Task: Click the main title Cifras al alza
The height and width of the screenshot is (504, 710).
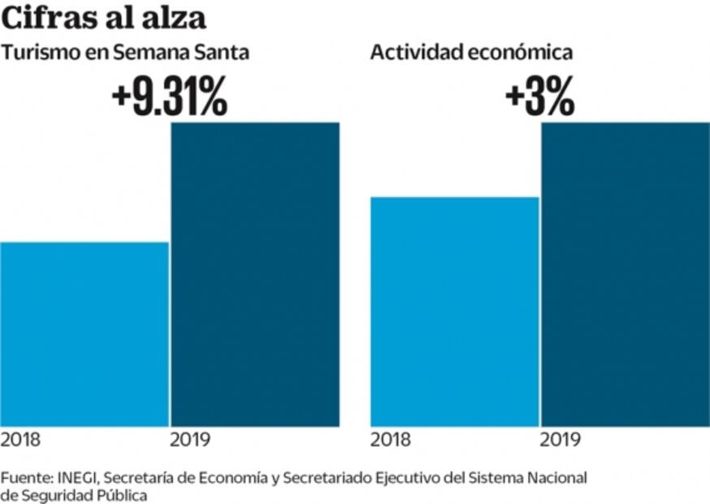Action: (x=103, y=18)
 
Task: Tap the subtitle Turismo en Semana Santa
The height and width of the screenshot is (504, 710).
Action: (x=124, y=53)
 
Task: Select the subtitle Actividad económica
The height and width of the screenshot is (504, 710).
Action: (x=471, y=53)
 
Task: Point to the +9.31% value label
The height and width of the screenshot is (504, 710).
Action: (x=169, y=98)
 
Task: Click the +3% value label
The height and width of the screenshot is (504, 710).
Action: (x=539, y=98)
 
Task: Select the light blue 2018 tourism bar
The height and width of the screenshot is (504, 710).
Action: (x=84, y=334)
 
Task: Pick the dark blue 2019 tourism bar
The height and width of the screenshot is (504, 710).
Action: (x=255, y=274)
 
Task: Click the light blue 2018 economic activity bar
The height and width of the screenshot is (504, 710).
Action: (x=454, y=311)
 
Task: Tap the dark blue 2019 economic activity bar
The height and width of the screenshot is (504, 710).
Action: (x=626, y=274)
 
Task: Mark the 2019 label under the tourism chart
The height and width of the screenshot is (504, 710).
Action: (x=191, y=441)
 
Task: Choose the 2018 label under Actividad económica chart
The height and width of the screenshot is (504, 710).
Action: (x=391, y=441)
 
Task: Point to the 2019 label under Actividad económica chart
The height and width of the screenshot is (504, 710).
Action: (x=561, y=441)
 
